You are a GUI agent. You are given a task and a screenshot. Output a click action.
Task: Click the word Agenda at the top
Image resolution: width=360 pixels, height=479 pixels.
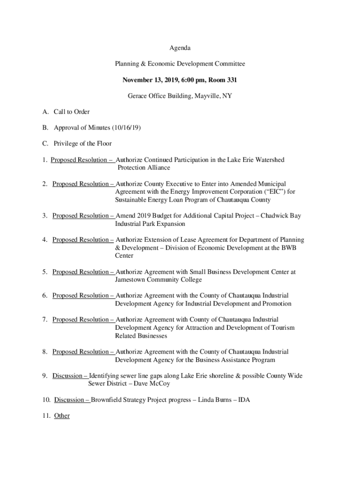[x=180, y=48]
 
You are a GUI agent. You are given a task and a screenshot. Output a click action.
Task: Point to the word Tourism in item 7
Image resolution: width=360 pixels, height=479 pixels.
[x=283, y=327]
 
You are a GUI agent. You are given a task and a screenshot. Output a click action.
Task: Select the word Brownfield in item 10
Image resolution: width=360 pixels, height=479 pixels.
[x=106, y=400]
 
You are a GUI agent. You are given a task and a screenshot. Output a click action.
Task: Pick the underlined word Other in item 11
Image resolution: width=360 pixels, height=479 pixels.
[x=62, y=416]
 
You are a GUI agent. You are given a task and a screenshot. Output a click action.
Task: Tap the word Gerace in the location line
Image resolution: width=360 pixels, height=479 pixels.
[x=138, y=96]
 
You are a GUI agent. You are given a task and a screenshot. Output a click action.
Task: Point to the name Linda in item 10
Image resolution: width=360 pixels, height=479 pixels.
[x=206, y=400]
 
